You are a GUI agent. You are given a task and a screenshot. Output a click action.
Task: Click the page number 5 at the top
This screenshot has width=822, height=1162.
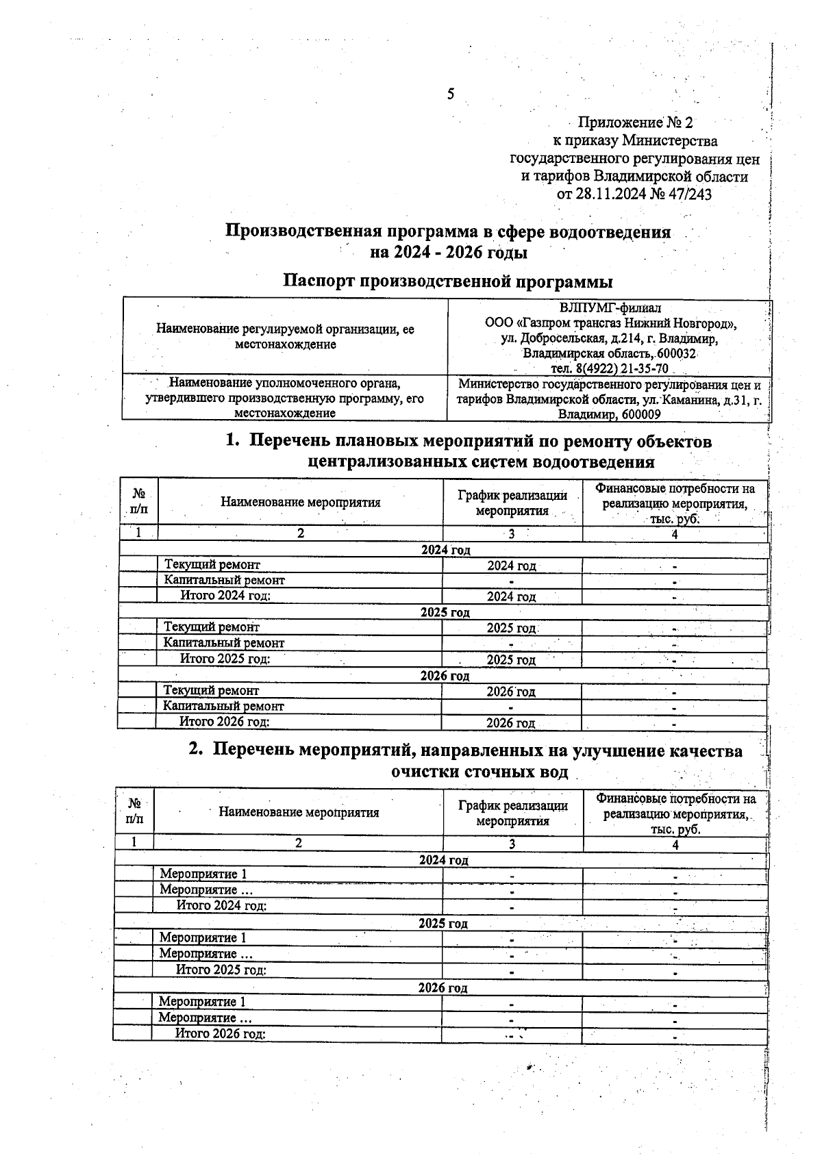click(x=450, y=94)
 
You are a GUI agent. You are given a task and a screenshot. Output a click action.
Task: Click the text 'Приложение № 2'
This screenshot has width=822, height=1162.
click(x=635, y=123)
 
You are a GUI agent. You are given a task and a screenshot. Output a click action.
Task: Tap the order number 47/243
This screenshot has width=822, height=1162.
click(x=690, y=194)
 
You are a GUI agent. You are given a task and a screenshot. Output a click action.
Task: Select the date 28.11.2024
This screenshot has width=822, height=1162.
click(x=610, y=194)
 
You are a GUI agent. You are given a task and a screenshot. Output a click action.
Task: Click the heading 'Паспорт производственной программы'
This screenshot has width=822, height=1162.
click(x=448, y=281)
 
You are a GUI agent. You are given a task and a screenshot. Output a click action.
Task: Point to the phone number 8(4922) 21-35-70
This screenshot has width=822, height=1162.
click(x=624, y=369)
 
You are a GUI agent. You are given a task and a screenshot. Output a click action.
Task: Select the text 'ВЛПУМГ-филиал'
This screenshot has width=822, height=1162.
click(x=610, y=308)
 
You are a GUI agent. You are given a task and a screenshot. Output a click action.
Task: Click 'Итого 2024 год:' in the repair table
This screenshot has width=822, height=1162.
click(x=225, y=595)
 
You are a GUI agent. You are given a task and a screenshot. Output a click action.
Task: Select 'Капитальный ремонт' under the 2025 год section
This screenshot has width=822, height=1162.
click(x=223, y=643)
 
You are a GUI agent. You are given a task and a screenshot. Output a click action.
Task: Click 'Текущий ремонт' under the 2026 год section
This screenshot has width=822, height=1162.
click(x=211, y=691)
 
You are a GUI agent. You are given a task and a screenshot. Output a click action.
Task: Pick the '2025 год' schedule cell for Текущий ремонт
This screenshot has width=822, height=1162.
click(x=511, y=628)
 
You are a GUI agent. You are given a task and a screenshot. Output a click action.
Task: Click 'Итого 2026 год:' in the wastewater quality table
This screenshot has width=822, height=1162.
click(x=221, y=1033)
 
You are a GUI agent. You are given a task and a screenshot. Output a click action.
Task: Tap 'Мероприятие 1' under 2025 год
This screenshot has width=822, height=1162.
click(x=203, y=937)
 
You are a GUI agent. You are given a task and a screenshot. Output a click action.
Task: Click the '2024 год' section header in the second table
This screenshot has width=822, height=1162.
click(x=443, y=860)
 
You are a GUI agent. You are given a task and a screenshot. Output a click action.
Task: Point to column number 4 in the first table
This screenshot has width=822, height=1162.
click(x=674, y=534)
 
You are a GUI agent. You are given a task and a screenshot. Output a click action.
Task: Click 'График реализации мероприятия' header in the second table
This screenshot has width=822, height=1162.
click(x=512, y=813)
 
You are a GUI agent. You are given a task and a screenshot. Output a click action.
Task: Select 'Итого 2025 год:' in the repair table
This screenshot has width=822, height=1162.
click(x=225, y=659)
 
